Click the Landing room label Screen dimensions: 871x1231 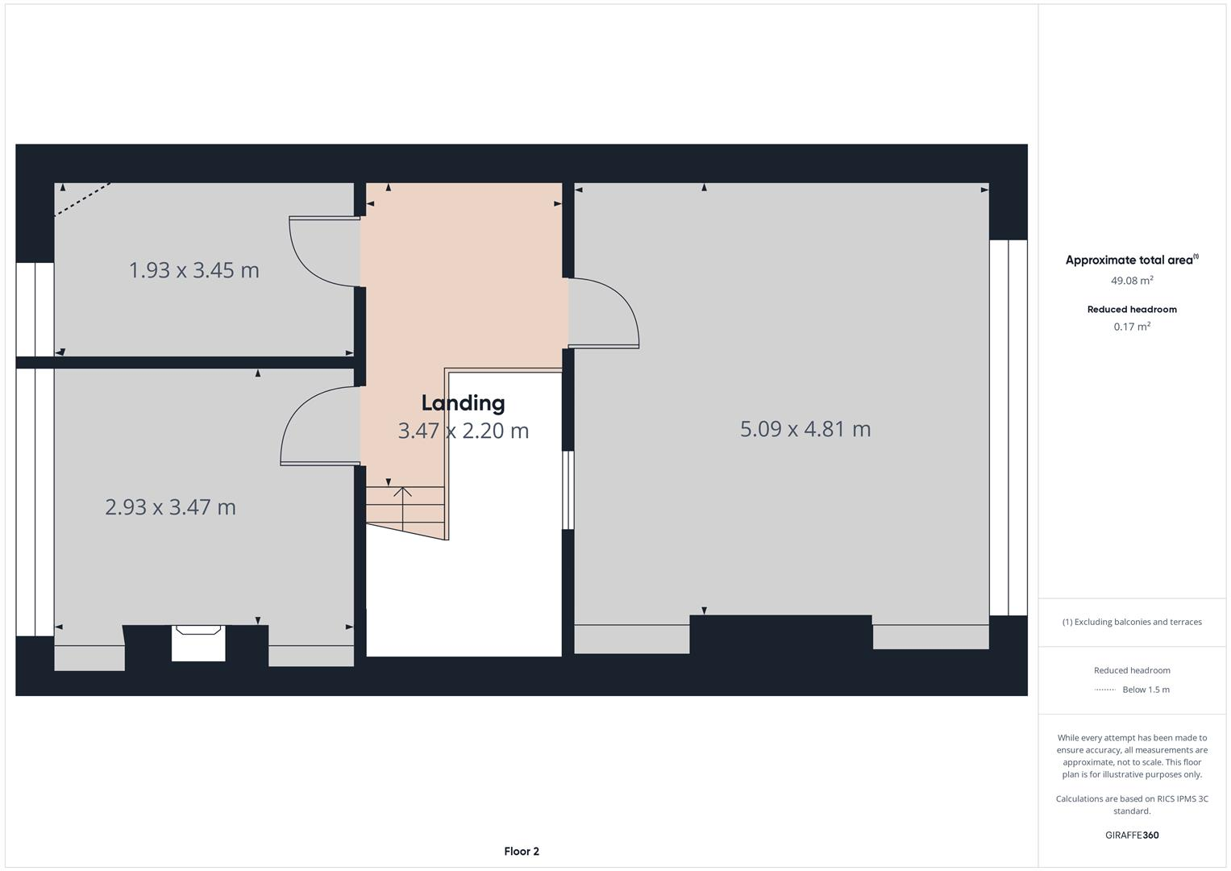pyautogui.click(x=463, y=403)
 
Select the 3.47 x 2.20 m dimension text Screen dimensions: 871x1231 pyautogui.click(x=463, y=431)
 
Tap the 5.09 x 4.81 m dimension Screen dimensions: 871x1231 pyautogui.click(x=805, y=429)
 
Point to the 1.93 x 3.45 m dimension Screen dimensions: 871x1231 pyautogui.click(x=194, y=270)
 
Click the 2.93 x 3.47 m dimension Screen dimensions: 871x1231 pyautogui.click(x=170, y=507)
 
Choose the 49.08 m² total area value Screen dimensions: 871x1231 pyautogui.click(x=1131, y=281)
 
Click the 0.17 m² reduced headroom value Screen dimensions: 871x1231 pyautogui.click(x=1131, y=327)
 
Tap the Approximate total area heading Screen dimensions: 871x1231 pyautogui.click(x=1131, y=260)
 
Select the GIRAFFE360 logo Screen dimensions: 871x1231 pyautogui.click(x=1131, y=835)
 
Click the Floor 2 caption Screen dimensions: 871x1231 pyautogui.click(x=521, y=851)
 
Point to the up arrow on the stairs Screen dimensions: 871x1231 pyautogui.click(x=402, y=494)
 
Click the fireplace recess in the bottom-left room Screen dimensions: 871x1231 pyautogui.click(x=198, y=644)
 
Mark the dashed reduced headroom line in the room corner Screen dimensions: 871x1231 pyautogui.click(x=82, y=199)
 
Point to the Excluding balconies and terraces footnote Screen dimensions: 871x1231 pyautogui.click(x=1131, y=622)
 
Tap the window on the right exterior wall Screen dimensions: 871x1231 pyautogui.click(x=1008, y=427)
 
